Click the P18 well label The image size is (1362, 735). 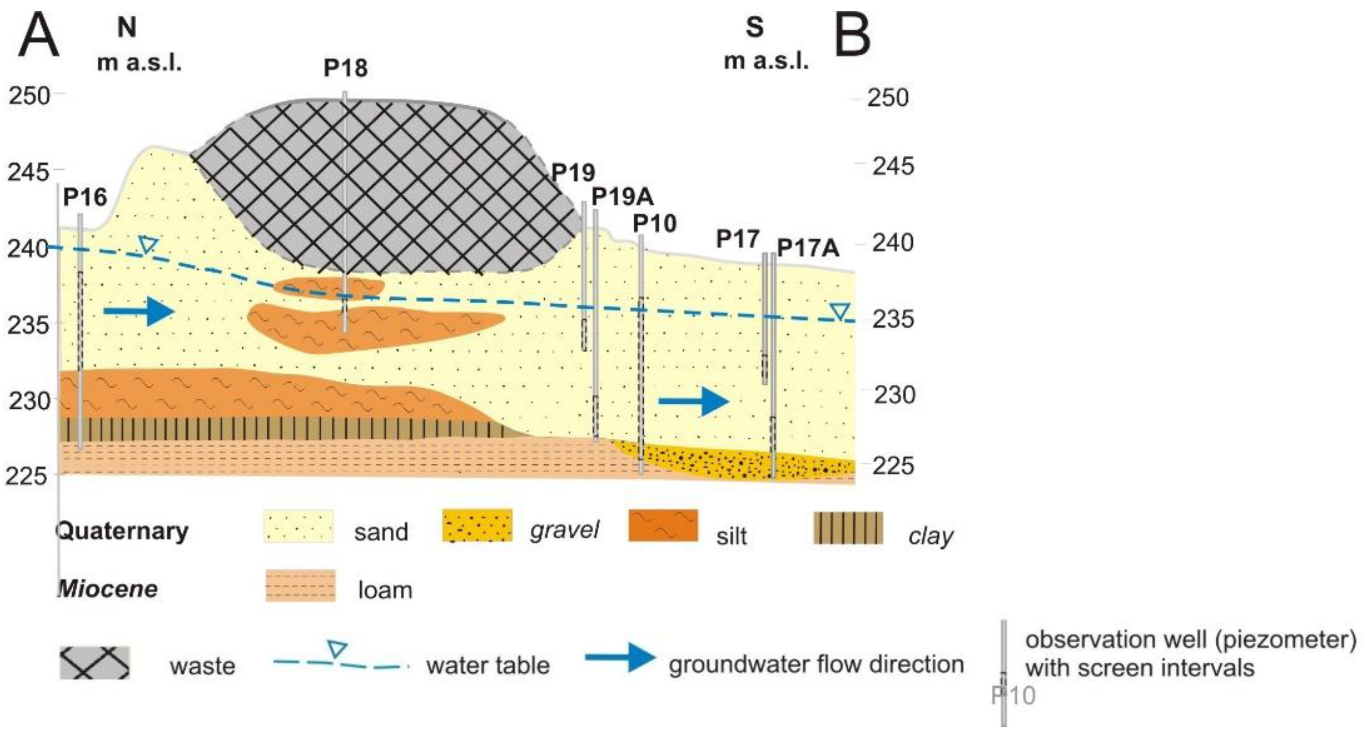(345, 68)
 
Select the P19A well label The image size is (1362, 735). (622, 197)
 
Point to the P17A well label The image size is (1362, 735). (808, 248)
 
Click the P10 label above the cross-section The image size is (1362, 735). (654, 224)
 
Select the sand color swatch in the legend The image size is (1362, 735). (298, 526)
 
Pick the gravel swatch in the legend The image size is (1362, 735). (477, 526)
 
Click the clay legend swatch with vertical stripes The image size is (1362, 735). (848, 528)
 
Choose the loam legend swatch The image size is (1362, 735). (300, 585)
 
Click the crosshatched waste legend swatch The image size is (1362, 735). (94, 663)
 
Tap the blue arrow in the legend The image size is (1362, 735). (620, 657)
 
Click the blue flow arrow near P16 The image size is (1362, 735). (138, 311)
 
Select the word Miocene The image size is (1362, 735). (108, 588)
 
